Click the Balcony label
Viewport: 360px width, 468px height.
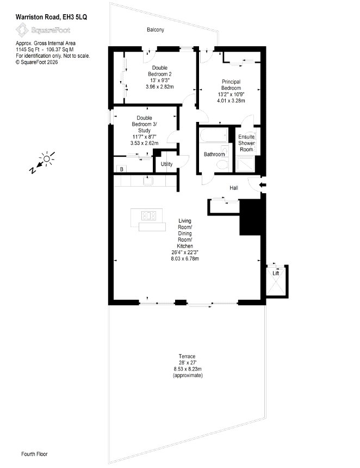tap(156, 30)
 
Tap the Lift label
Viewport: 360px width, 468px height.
tap(276, 273)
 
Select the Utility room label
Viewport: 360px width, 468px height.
tap(166, 164)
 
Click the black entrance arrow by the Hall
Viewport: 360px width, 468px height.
tap(263, 185)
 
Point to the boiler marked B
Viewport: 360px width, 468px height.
tap(121, 169)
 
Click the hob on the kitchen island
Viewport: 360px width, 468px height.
tap(148, 215)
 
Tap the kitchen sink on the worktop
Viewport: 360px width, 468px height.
tap(148, 181)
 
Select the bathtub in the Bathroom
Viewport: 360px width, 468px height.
tap(213, 135)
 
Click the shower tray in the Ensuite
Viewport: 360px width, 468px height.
tap(245, 164)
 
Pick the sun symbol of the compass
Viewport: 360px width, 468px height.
tap(47, 158)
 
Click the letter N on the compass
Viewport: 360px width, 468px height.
tap(33, 170)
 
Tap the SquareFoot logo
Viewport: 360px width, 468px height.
tap(43, 30)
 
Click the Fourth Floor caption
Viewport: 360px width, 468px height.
tap(34, 454)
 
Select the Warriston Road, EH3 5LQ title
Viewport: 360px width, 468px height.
tap(51, 17)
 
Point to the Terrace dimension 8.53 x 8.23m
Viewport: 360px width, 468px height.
tap(188, 369)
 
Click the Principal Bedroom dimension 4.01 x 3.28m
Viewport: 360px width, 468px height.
tap(231, 101)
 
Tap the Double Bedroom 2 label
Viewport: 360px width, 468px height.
tap(159, 71)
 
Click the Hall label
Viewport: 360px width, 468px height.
tap(234, 188)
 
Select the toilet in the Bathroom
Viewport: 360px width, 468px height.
tap(222, 165)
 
